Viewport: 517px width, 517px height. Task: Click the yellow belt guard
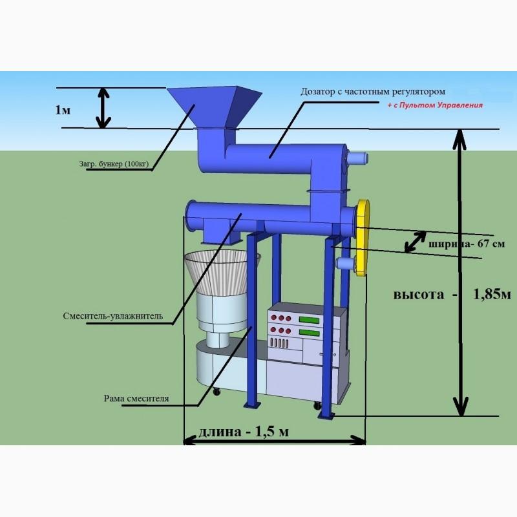pos(363,237)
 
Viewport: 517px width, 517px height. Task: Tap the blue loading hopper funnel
pos(215,107)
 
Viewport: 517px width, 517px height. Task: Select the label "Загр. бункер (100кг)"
pos(114,164)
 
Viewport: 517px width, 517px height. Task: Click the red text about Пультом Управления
pos(435,105)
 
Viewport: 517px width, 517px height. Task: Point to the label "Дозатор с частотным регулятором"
pos(373,92)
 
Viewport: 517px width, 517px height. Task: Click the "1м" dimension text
pos(63,110)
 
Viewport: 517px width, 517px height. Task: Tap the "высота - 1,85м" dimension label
pos(452,294)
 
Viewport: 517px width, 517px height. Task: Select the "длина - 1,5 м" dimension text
pos(244,432)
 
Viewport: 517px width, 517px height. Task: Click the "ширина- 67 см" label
pos(466,244)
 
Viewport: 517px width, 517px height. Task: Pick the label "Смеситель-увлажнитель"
pos(112,316)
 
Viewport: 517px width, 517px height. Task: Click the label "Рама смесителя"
pos(136,398)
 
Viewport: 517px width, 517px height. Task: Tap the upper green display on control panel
pos(309,319)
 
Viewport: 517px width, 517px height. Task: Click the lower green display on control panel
pos(309,332)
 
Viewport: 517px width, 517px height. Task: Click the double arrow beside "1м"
pos(103,108)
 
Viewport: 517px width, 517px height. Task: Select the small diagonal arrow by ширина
pos(415,242)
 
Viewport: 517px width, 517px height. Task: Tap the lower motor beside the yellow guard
pos(345,264)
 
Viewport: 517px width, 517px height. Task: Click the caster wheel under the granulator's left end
pos(216,392)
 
